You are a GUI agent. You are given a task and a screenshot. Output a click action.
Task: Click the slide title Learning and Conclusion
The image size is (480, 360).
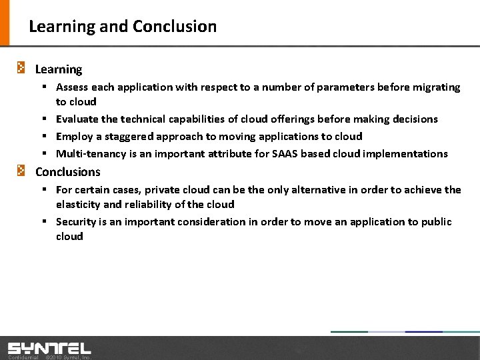tap(123, 27)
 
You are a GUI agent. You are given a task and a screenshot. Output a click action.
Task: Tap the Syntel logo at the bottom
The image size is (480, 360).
tap(49, 348)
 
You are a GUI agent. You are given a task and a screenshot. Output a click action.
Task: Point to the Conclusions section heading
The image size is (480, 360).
tap(67, 172)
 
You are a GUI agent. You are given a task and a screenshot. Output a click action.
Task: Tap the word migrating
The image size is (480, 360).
tap(435, 87)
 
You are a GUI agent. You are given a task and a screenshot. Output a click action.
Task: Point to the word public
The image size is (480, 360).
tap(436, 222)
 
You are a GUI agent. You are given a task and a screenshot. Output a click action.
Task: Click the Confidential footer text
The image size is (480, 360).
tap(23, 357)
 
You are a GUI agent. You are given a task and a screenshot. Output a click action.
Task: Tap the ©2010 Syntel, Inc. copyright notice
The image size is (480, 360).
tap(67, 357)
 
